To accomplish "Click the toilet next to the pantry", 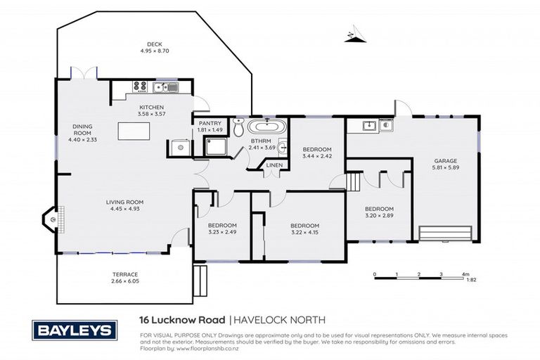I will [x=238, y=129].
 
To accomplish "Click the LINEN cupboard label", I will [x=274, y=167].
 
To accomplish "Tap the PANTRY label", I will [x=210, y=123].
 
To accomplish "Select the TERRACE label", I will [x=125, y=274].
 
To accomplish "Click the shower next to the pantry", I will [x=217, y=146].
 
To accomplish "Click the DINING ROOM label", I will [x=83, y=130].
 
